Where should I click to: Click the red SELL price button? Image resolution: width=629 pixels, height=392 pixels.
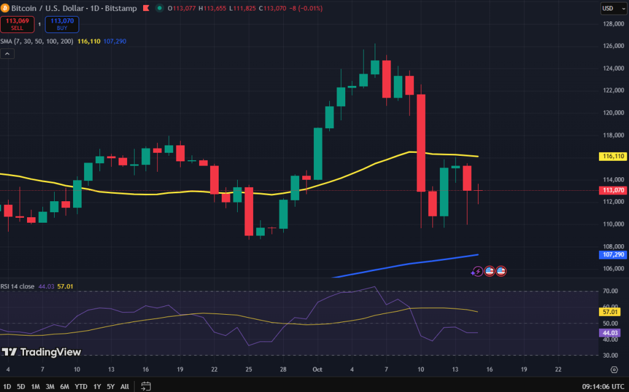17,24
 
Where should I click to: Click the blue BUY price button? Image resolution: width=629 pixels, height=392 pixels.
61,24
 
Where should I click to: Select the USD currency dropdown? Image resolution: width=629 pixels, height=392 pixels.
609,9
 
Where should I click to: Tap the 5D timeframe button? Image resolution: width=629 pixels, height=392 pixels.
21,386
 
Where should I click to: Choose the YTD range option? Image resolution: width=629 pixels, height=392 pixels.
80,386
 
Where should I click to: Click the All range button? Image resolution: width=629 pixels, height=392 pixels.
125,386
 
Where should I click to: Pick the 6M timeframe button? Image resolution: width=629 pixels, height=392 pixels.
64,386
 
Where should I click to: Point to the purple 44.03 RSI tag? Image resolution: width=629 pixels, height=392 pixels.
611,332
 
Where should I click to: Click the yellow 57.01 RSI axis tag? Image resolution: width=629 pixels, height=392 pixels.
611,312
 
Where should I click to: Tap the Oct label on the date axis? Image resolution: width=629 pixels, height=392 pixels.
318,369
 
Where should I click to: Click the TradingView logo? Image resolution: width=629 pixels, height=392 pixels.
41,352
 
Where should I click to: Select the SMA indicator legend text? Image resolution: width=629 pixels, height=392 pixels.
37,41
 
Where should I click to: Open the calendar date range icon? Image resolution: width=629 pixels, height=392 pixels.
146,386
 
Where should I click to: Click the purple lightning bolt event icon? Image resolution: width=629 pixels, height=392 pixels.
478,271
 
